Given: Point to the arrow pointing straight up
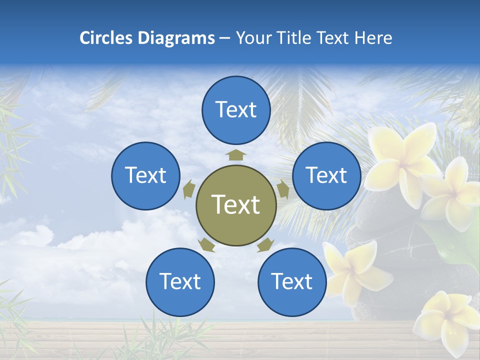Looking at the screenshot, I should (236, 154).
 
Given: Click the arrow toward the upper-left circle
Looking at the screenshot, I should (188, 189).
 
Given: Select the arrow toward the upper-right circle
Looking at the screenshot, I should (283, 189).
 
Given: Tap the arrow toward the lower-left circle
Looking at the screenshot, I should (206, 245).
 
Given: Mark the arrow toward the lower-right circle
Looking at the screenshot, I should (265, 245).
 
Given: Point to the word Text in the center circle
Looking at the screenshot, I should (236, 204).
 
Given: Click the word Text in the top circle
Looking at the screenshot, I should (236, 109).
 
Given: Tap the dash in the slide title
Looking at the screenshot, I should (224, 38).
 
